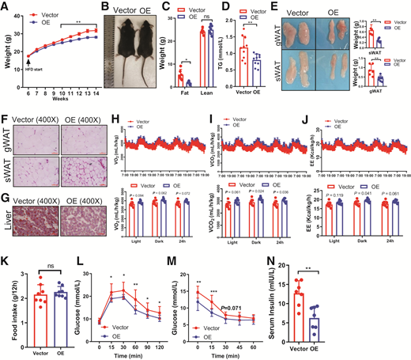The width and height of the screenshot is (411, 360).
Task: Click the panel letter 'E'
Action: click(275, 9)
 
